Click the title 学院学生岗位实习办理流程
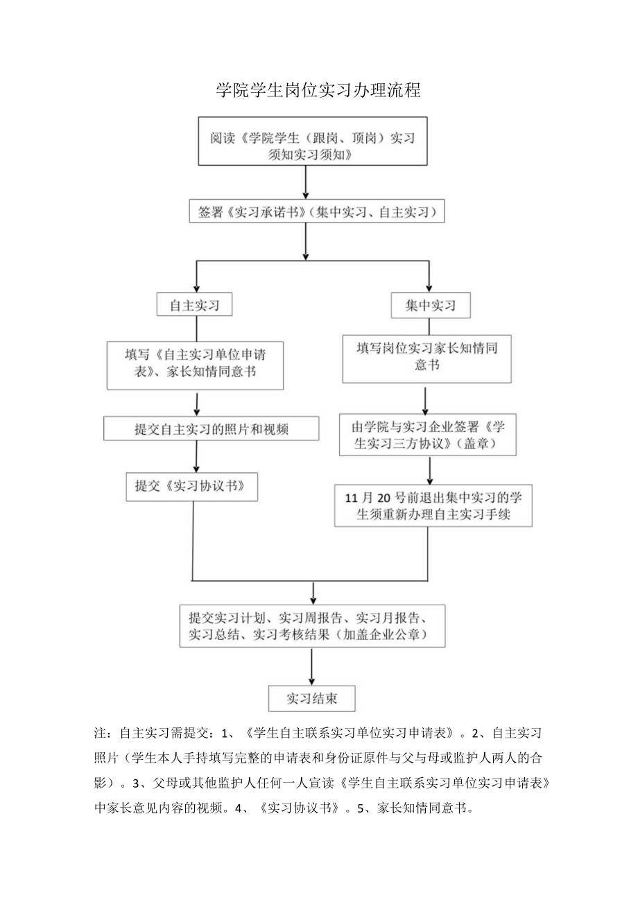click(318, 90)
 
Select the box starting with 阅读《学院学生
click(313, 146)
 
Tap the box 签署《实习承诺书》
click(317, 212)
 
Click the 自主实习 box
click(195, 305)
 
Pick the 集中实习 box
click(430, 305)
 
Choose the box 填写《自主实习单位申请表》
click(196, 364)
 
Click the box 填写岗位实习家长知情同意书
click(426, 357)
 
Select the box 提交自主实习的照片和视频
click(211, 429)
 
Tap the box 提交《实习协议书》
click(191, 486)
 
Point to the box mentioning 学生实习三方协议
click(427, 435)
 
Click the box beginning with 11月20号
click(433, 506)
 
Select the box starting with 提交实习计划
click(312, 625)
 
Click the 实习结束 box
click(312, 698)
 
